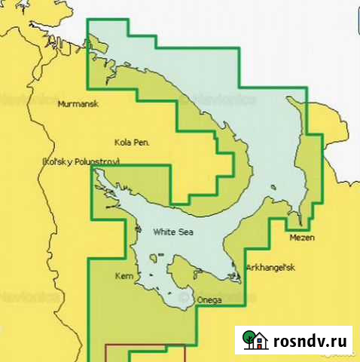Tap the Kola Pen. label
click(132, 142)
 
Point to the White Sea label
click(172, 232)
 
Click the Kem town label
click(123, 277)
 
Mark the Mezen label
click(301, 238)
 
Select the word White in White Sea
click(163, 232)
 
